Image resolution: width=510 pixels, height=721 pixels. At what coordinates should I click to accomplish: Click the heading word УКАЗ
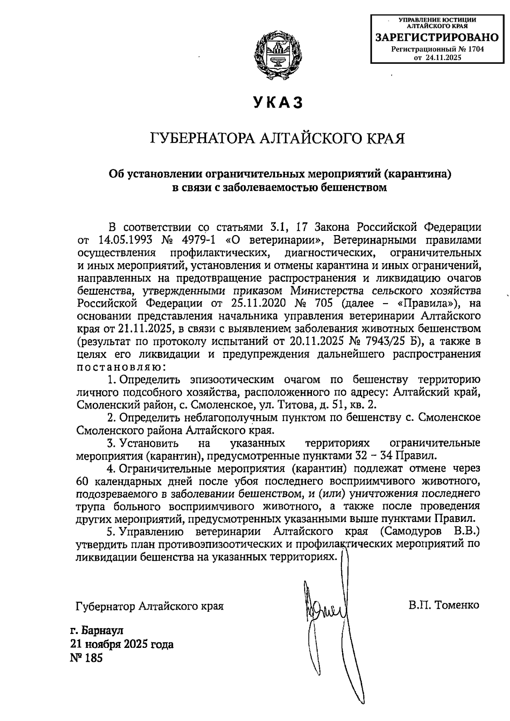[x=278, y=103]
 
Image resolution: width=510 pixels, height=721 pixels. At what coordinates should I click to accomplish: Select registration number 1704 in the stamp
[x=475, y=49]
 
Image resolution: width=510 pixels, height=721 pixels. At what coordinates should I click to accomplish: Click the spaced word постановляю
[x=120, y=366]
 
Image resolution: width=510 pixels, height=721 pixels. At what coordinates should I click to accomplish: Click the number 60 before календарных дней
[x=83, y=482]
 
